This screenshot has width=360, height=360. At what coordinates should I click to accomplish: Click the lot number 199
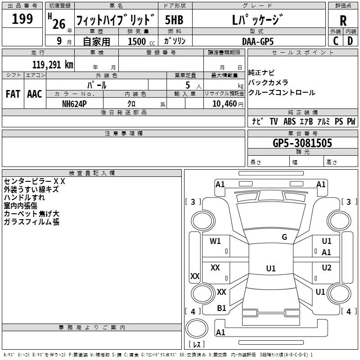point(22,19)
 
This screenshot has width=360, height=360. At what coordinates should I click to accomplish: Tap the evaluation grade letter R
point(343,21)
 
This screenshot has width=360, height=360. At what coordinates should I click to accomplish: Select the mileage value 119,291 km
point(53,64)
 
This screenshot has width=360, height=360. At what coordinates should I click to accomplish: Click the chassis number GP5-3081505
point(302,143)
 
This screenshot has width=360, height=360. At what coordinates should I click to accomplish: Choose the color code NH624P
point(74,103)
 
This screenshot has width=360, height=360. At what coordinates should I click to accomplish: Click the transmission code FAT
point(13,94)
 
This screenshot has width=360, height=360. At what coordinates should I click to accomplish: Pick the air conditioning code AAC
point(35,94)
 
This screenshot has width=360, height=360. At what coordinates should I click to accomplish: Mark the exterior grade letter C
point(336,40)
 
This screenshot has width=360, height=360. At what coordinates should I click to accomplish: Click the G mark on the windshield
point(284,237)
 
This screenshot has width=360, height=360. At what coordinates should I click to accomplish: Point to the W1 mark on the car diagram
point(216,241)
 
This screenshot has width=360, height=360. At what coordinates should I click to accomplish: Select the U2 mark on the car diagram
point(327,268)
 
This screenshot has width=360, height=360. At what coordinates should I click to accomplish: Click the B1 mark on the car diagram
point(221,308)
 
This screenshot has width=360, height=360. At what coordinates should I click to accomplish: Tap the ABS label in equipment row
point(290,121)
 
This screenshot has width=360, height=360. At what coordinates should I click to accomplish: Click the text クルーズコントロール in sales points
point(282,93)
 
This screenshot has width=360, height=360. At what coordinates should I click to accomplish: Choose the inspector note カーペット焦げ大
point(31,214)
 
